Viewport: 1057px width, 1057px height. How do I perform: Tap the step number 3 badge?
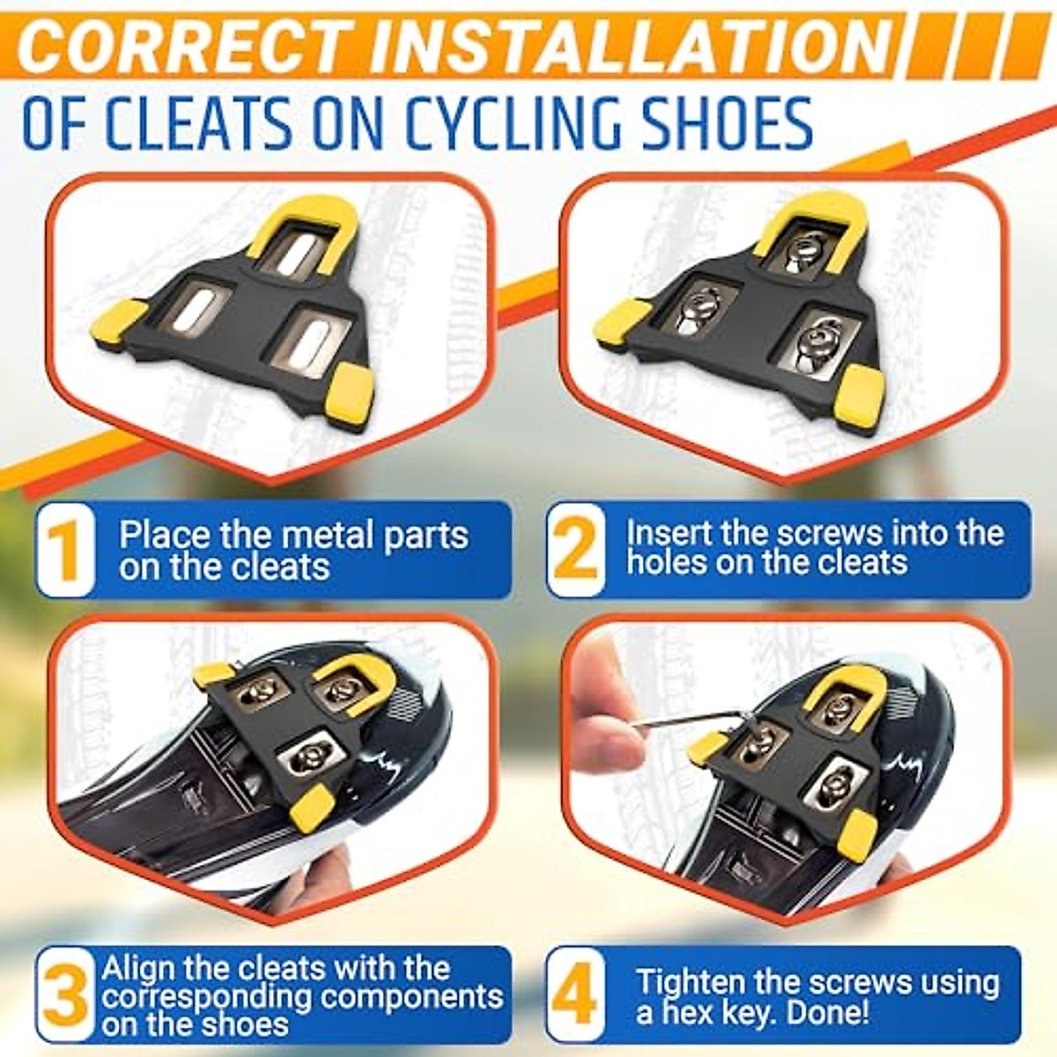coord(66,995)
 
